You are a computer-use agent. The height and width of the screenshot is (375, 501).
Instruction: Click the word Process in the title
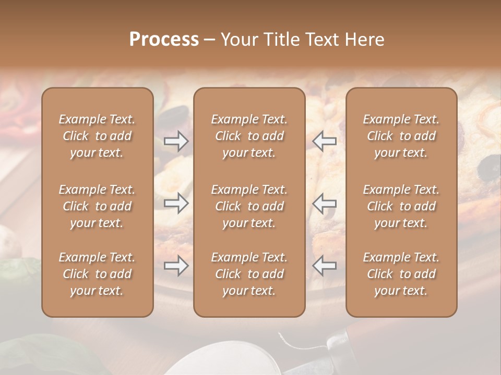164,40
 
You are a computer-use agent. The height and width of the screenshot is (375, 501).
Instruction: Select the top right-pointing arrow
176,141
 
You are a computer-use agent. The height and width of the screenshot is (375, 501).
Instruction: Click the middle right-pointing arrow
176,203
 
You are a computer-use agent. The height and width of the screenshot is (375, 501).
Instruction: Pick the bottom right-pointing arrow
176,266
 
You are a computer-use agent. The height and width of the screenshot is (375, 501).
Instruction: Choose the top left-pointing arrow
325,141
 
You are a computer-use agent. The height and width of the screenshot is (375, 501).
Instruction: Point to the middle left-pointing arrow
325,203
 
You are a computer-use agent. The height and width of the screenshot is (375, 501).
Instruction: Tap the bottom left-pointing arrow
325,266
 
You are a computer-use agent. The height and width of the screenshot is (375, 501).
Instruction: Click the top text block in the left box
97,136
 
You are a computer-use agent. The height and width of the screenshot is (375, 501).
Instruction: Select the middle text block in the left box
97,206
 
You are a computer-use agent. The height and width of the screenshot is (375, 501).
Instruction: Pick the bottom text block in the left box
97,274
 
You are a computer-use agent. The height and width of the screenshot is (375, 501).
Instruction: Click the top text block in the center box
249,136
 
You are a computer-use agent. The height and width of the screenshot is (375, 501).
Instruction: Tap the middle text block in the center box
249,206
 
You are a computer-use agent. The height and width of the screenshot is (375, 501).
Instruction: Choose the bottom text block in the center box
249,274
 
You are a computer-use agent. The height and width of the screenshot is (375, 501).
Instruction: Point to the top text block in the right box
401,136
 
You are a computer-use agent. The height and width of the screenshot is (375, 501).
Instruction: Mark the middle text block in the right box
401,206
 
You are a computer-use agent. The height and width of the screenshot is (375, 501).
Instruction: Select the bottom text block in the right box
401,274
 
